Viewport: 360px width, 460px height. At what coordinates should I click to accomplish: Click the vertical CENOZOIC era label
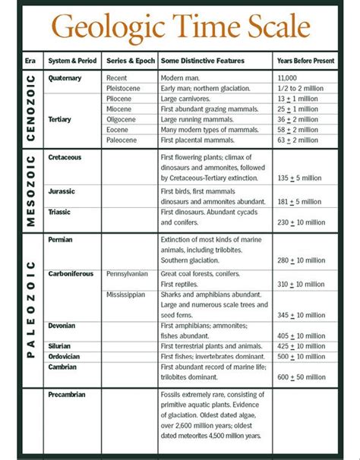click(31, 109)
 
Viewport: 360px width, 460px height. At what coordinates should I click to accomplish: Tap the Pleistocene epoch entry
click(125, 87)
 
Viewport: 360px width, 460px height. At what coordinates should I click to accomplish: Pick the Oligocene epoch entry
click(123, 118)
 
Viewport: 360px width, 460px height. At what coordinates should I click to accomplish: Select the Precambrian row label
click(68, 394)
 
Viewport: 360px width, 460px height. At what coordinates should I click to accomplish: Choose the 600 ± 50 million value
click(302, 377)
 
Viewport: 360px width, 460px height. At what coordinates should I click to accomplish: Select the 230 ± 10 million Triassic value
click(302, 222)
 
